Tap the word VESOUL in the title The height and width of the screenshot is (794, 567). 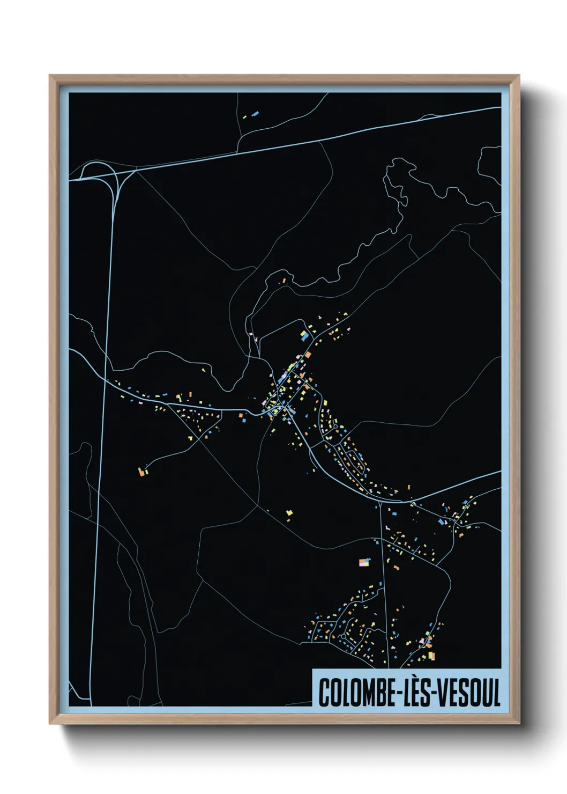click(x=469, y=693)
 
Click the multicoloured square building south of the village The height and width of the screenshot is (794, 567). click(x=365, y=562)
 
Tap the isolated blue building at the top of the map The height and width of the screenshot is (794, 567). click(x=255, y=113)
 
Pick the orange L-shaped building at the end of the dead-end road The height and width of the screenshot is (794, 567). click(x=142, y=472)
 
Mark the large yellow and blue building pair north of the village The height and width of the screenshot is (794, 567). click(x=304, y=336)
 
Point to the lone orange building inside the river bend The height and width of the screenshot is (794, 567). click(x=283, y=280)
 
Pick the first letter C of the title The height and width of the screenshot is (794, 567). click(x=324, y=693)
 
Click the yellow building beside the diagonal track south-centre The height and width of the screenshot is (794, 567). click(x=289, y=513)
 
